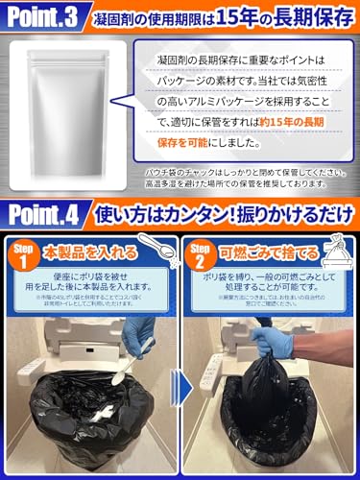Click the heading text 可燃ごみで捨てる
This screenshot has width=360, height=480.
[x=268, y=252]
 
